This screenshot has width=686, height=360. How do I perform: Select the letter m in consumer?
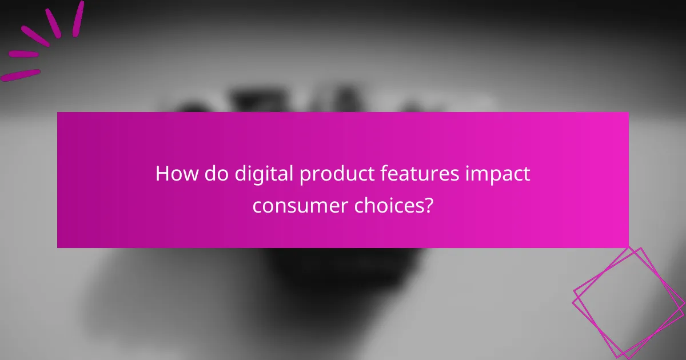316,206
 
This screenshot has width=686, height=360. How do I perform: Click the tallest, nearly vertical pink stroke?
78,18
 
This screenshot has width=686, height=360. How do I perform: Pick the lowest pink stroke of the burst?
21,75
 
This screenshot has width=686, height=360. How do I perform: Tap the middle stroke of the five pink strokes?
36,35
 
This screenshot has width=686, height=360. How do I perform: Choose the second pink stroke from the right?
53,22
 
